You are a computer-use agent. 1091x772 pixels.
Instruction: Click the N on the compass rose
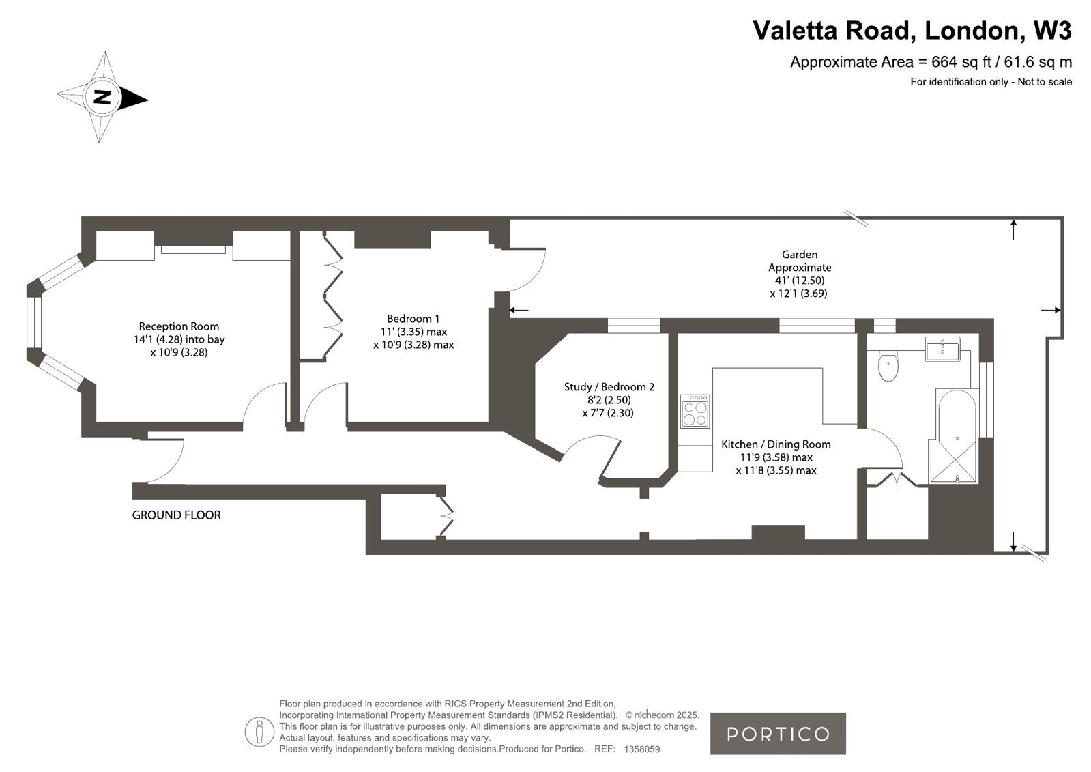[102, 98]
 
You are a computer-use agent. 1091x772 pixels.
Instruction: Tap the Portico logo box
[778, 734]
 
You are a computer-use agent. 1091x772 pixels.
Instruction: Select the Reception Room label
[179, 326]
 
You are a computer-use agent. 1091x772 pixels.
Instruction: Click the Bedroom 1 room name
[413, 319]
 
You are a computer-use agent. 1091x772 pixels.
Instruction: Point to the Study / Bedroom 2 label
[609, 387]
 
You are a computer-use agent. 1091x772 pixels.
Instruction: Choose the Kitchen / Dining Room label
[776, 444]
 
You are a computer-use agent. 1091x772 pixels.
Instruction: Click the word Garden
[799, 255]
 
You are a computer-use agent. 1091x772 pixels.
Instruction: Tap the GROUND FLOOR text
[176, 515]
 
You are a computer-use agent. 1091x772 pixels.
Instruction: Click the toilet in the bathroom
[888, 366]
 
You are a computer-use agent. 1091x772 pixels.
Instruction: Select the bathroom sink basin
[942, 349]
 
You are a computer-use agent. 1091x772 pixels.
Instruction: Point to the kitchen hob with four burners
[695, 412]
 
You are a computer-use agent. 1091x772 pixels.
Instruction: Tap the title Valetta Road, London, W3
[912, 30]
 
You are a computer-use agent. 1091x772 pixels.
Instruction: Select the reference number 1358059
[642, 749]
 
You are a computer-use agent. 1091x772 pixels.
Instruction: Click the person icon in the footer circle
[259, 732]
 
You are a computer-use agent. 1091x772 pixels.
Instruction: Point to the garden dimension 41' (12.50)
[799, 281]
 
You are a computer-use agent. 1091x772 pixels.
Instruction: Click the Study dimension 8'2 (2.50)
[609, 400]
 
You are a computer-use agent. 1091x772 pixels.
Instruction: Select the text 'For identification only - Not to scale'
[991, 82]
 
